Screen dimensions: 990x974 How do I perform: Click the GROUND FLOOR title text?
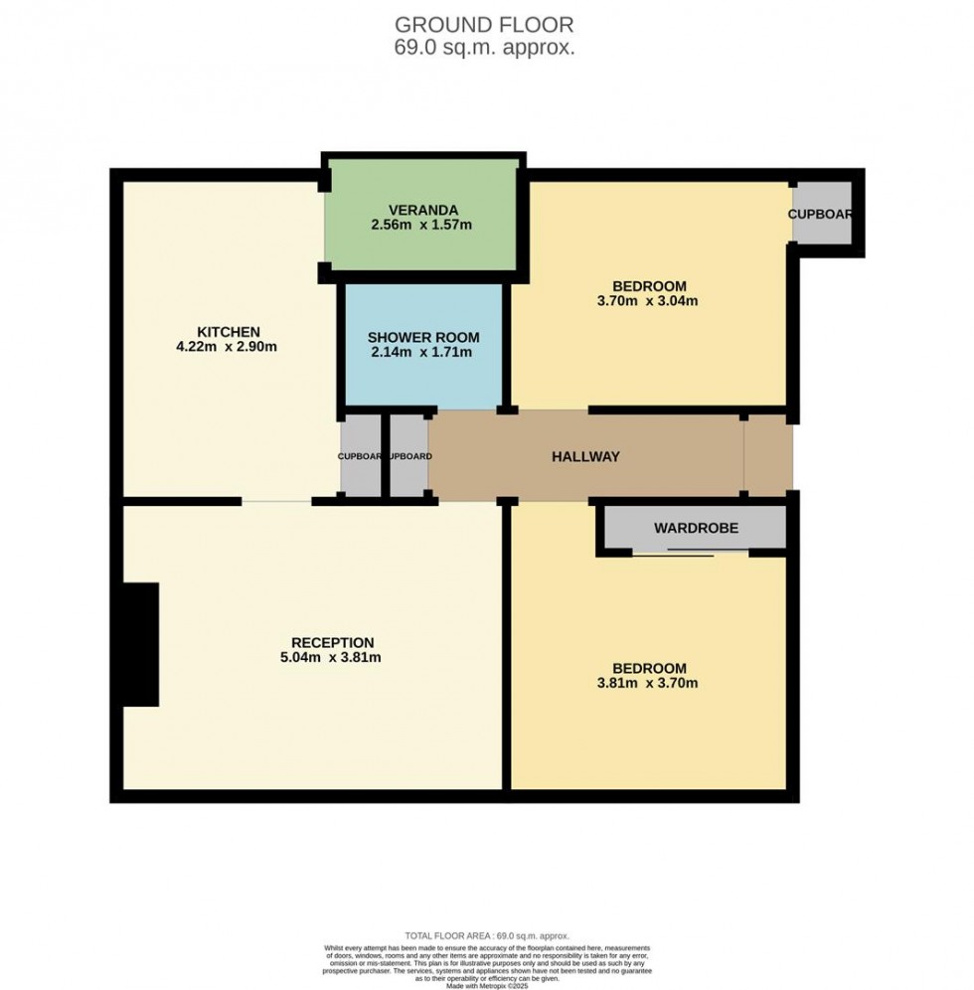(485, 25)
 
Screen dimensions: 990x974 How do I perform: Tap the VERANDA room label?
(422, 210)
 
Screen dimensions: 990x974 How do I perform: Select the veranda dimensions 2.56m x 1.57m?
(421, 225)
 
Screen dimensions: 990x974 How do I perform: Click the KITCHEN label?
(228, 331)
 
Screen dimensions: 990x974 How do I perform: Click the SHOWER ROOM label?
(423, 336)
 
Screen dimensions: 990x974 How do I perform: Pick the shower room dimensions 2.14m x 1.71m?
(423, 352)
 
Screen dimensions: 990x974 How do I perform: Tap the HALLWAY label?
(585, 457)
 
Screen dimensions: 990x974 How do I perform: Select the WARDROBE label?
(696, 529)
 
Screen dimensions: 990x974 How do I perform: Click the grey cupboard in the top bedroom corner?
(821, 214)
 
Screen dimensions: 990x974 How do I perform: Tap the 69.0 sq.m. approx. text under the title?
(485, 48)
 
